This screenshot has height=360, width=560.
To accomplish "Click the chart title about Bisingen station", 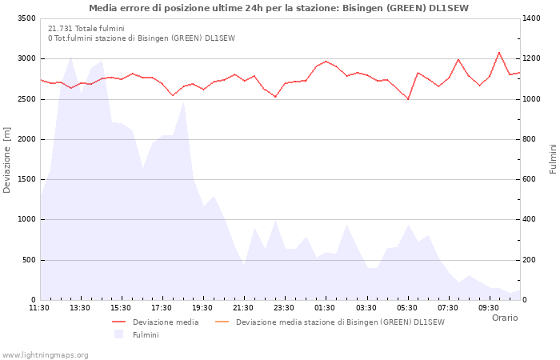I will click(279, 8).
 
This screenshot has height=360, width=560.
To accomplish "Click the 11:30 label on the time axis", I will click(39, 307).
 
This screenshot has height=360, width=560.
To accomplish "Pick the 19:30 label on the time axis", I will click(202, 307).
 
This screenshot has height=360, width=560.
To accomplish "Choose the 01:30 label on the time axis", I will click(325, 307).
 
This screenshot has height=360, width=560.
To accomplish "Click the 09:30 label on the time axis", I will click(489, 307).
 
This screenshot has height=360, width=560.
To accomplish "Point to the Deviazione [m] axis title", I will click(7, 159).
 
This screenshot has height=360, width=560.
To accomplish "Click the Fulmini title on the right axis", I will click(553, 159).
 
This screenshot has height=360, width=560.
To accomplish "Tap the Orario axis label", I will click(504, 318).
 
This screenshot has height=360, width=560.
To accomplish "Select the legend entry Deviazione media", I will click(166, 322).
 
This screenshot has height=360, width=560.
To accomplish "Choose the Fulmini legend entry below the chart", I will click(146, 334).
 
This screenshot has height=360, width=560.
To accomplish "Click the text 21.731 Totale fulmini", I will click(86, 28).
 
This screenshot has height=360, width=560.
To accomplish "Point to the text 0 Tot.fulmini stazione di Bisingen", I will click(142, 38).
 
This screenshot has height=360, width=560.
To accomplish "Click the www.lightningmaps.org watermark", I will click(46, 354).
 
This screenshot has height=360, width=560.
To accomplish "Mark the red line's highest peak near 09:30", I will click(499, 52).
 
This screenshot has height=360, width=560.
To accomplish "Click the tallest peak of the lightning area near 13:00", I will click(71, 57).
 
